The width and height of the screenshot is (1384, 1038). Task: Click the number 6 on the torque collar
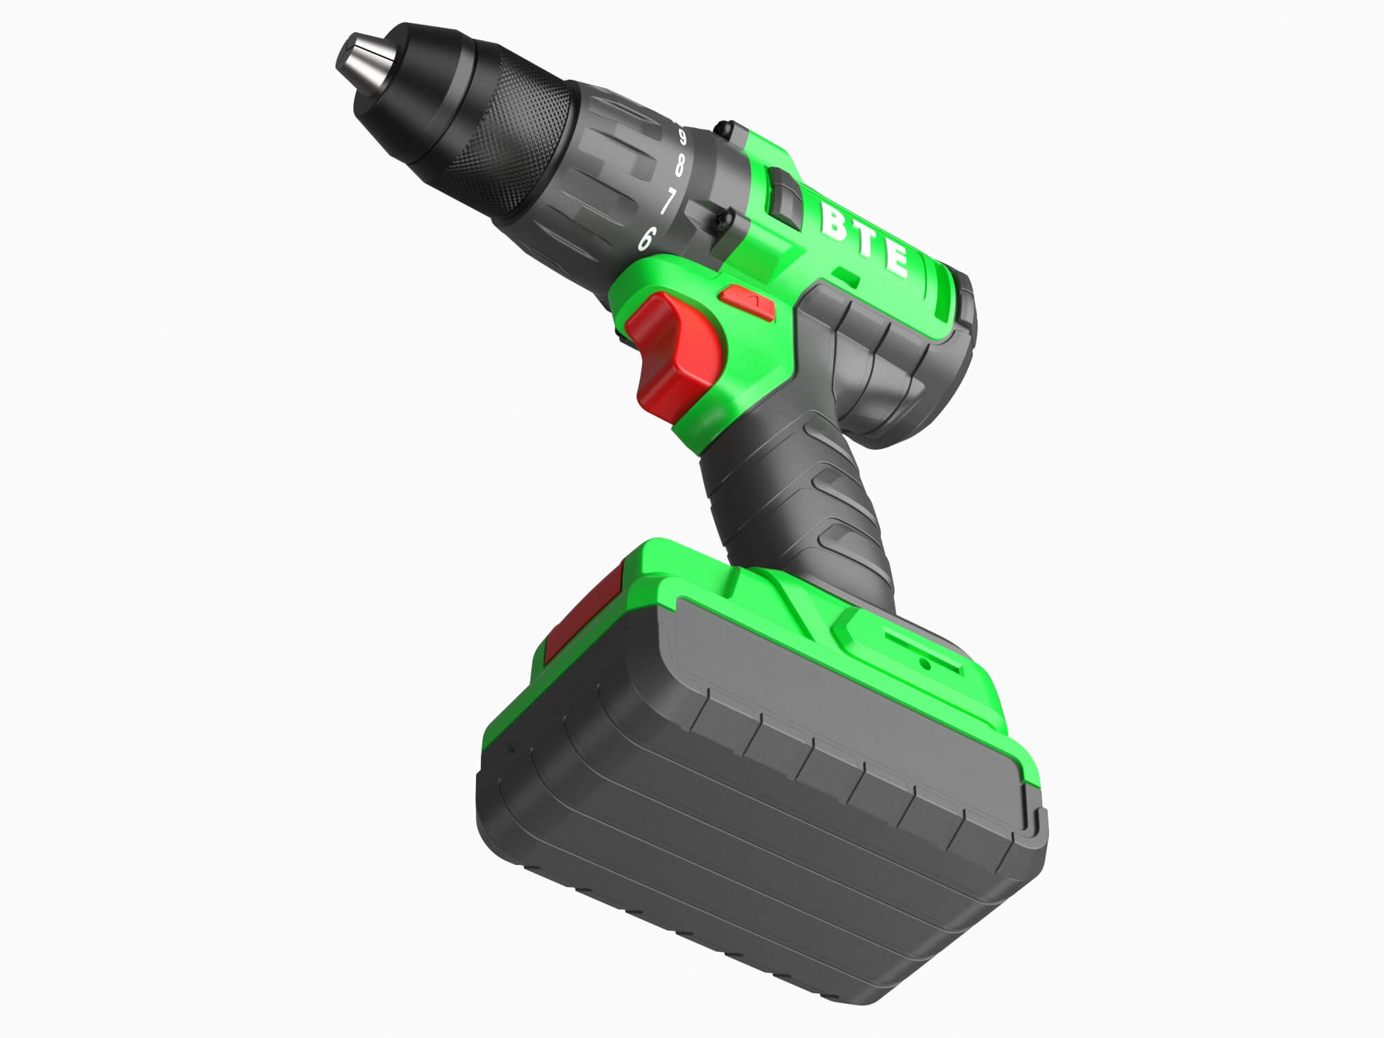tap(646, 239)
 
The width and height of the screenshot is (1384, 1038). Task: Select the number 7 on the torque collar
tap(667, 201)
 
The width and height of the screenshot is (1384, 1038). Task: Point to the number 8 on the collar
tap(680, 165)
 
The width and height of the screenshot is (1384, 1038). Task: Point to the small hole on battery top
tap(926, 664)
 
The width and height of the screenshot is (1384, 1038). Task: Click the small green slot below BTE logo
tap(847, 277)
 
